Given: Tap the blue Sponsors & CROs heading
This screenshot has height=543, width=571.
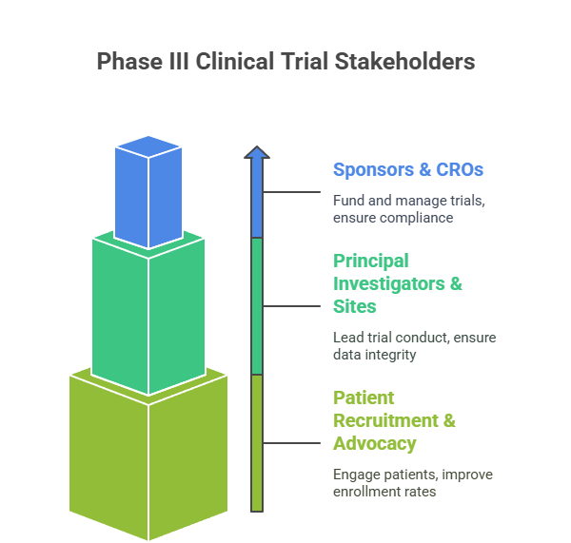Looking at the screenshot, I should [x=407, y=170].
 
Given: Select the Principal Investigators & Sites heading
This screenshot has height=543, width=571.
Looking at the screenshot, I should [x=398, y=283].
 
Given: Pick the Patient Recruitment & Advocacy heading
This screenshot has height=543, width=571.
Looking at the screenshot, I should [x=394, y=420].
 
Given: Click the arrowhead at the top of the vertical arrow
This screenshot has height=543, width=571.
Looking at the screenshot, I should [x=257, y=151].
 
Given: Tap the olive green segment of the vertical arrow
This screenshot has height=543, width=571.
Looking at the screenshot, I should [x=257, y=443].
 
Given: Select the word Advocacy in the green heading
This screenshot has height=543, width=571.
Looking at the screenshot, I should [x=374, y=443].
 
